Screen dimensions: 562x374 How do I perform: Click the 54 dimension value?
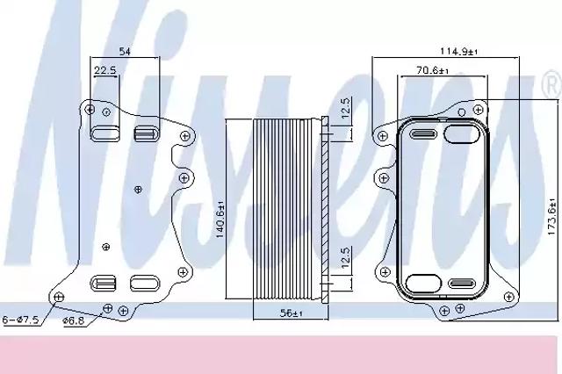[125, 52]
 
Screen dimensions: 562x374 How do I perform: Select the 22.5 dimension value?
[105, 70]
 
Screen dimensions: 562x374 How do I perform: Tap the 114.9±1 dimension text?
[458, 51]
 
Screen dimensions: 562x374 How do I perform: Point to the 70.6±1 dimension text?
[433, 70]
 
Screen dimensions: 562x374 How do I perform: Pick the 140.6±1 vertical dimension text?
[220, 219]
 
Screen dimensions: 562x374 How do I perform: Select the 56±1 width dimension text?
[291, 313]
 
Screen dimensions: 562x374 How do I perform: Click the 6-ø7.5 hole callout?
[20, 320]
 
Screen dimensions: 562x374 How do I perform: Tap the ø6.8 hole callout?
[73, 320]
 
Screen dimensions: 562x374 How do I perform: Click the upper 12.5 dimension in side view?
[345, 107]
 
